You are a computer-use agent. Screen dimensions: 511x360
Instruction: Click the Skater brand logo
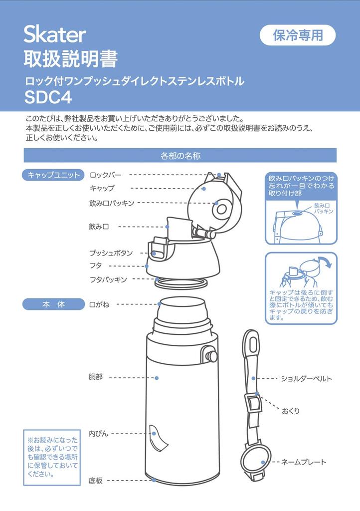tap(55, 34)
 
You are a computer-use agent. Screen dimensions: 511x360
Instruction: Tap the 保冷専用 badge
tap(298, 35)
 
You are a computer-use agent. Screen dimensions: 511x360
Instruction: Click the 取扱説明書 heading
tap(71, 59)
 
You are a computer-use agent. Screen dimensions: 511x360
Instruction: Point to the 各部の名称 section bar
tap(180, 156)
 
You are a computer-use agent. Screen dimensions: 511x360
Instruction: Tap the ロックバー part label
tap(105, 175)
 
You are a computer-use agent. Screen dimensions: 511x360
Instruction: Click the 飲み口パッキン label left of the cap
tap(111, 203)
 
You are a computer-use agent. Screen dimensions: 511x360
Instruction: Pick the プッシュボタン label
tap(111, 253)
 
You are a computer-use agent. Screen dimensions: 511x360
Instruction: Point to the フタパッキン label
tap(108, 279)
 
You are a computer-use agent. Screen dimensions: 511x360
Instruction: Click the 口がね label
tap(99, 304)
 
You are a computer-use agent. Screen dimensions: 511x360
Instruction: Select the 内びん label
tap(98, 434)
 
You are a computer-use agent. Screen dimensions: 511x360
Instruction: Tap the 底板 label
tap(95, 481)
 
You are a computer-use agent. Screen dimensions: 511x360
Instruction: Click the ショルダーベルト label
tap(306, 379)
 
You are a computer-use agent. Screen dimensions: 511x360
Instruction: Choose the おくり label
tap(291, 411)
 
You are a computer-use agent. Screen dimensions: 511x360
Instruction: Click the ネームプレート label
tap(304, 462)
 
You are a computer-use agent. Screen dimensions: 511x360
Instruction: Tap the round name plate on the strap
tap(255, 460)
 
